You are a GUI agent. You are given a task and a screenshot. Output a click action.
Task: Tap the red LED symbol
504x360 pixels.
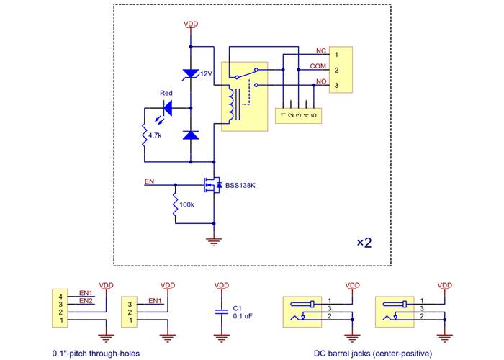click(168, 108)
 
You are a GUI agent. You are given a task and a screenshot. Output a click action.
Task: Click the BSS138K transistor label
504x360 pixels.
click(240, 186)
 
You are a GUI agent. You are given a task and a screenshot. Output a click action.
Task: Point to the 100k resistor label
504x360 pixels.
click(186, 205)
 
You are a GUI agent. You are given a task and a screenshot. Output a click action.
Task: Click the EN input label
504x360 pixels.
click(149, 181)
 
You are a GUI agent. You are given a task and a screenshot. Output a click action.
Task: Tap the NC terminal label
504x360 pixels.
click(321, 51)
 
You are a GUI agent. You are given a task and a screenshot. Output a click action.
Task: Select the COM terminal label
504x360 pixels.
click(318, 66)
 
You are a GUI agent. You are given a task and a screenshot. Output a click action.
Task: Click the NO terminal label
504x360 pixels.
click(321, 81)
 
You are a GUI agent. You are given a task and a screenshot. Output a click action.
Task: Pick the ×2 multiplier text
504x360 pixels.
click(364, 243)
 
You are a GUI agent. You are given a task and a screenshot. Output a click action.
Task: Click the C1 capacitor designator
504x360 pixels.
click(238, 307)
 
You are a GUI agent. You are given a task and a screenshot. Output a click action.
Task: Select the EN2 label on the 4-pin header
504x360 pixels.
click(86, 300)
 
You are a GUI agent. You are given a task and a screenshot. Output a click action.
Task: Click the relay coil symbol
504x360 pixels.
click(231, 104)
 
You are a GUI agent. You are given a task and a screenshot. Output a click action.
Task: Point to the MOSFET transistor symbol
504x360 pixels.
click(210, 186)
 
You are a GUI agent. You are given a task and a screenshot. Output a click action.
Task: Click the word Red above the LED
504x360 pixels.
click(166, 93)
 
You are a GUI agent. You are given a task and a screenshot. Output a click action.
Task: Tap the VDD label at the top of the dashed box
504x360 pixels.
click(191, 24)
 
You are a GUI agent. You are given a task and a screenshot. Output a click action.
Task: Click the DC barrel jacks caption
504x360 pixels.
click(372, 354)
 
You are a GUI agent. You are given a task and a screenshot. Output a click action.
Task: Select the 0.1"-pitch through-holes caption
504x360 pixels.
click(96, 354)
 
